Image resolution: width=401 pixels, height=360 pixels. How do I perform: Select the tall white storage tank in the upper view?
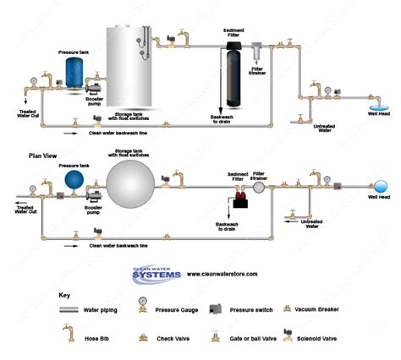point(130,68)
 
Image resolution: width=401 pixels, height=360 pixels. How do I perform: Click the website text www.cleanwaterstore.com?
point(222,274)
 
